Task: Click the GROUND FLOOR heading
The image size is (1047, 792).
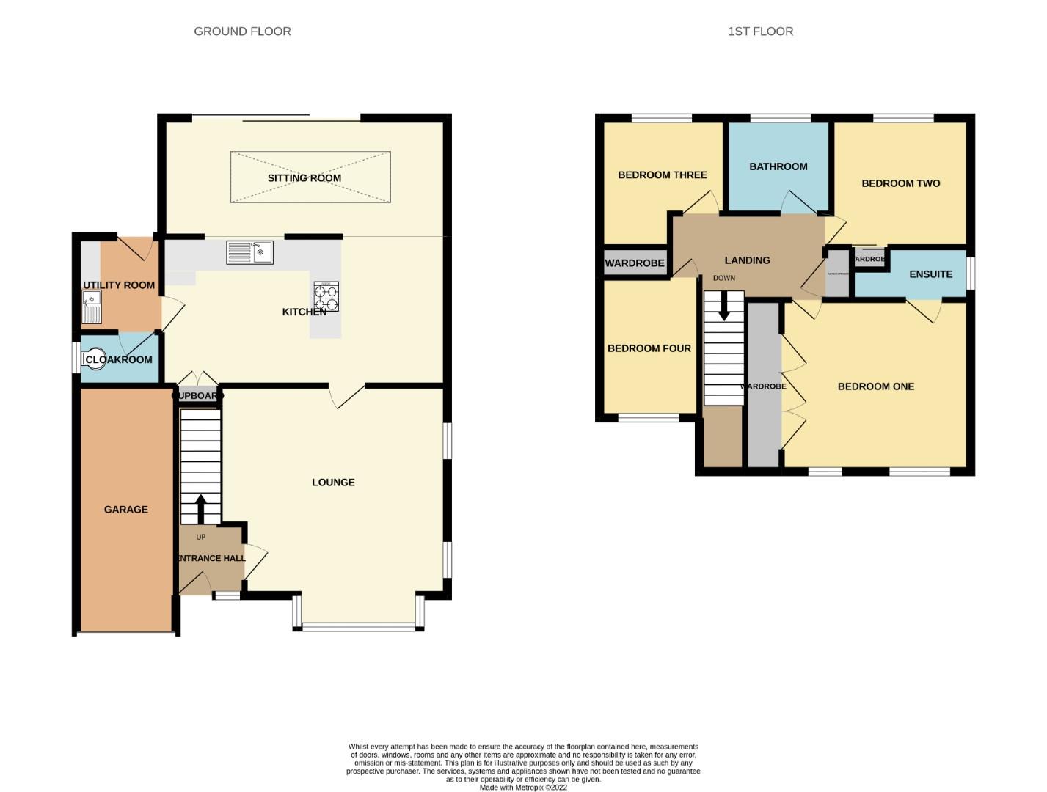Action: (x=242, y=32)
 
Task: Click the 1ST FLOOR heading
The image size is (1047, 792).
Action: (x=760, y=32)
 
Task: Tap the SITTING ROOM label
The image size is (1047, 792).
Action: (x=304, y=178)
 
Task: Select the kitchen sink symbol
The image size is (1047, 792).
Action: (x=250, y=252)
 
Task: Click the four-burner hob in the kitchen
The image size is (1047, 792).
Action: (x=326, y=296)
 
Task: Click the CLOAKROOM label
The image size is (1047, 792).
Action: (x=119, y=359)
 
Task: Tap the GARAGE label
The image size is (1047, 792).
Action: (x=125, y=509)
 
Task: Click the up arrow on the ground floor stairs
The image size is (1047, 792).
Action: (x=200, y=508)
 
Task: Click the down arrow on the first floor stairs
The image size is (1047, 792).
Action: (x=724, y=306)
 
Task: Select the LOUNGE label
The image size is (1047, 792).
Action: (x=333, y=482)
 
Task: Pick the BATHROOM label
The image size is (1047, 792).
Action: (x=778, y=166)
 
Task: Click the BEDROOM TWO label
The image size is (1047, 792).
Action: (x=900, y=183)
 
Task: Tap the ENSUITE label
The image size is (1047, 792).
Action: (x=930, y=274)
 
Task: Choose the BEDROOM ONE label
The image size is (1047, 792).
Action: (x=875, y=386)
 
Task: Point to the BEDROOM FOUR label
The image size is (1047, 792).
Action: (x=649, y=348)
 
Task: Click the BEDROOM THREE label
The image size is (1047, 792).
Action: (x=662, y=175)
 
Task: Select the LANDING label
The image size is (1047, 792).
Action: (x=747, y=260)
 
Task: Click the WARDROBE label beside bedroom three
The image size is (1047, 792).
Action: (x=634, y=263)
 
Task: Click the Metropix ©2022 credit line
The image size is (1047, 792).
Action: (x=523, y=788)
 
